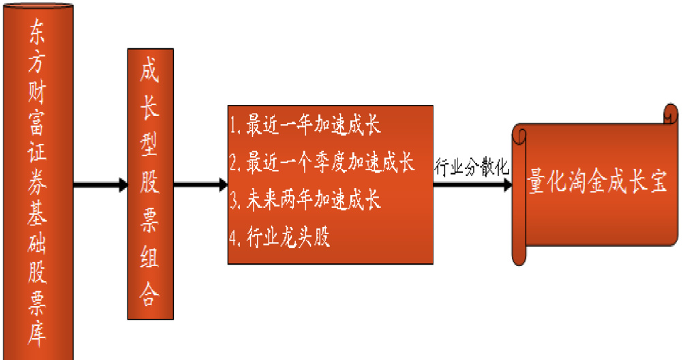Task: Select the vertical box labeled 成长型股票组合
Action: coord(150,184)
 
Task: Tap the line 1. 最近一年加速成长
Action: coord(305,125)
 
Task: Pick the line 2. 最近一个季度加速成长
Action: coord(322,162)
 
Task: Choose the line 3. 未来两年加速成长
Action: coord(305,200)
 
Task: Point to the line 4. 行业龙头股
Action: coord(279,237)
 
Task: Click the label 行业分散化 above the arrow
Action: coord(471,167)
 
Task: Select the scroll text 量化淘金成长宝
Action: coord(596,181)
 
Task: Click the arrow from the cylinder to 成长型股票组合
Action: coord(101,185)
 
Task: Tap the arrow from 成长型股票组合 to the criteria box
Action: coord(201,185)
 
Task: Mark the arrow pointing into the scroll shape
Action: coord(472,185)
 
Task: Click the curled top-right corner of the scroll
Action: coord(671,114)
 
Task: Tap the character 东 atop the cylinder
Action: coord(37,31)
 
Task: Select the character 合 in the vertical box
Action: coord(149,293)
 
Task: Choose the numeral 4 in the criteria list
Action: coord(233,238)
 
